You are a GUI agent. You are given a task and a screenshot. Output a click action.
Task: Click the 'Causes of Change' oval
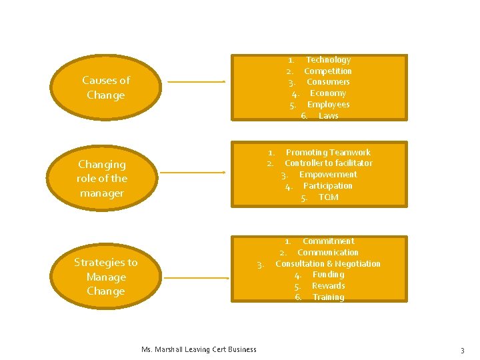[106, 87]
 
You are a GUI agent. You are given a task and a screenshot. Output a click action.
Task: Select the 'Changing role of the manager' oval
[101, 178]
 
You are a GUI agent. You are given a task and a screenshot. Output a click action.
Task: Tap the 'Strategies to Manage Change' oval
[105, 276]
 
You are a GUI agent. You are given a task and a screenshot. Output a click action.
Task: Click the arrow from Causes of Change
[196, 83]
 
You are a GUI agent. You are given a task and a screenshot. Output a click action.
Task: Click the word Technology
[328, 60]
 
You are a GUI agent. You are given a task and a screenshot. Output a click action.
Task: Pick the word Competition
[327, 71]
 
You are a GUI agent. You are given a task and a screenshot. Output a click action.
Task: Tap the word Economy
[328, 93]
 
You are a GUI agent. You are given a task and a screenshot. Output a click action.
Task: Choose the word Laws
[329, 116]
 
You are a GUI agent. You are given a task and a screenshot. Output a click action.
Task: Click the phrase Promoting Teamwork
[328, 152]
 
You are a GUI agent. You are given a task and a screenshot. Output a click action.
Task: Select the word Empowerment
[328, 175]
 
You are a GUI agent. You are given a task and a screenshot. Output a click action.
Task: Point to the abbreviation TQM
[329, 197]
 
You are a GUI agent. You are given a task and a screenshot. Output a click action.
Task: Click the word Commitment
[329, 241]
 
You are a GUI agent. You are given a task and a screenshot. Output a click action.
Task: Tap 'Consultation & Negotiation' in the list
[328, 263]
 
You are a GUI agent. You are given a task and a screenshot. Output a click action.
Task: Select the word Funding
[329, 275]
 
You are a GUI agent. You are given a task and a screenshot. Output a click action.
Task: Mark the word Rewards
[329, 286]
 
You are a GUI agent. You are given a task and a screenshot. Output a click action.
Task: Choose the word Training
[329, 297]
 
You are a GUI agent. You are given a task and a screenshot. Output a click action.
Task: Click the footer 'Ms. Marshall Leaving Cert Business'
[199, 349]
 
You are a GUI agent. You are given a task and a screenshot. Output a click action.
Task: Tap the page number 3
[461, 350]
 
